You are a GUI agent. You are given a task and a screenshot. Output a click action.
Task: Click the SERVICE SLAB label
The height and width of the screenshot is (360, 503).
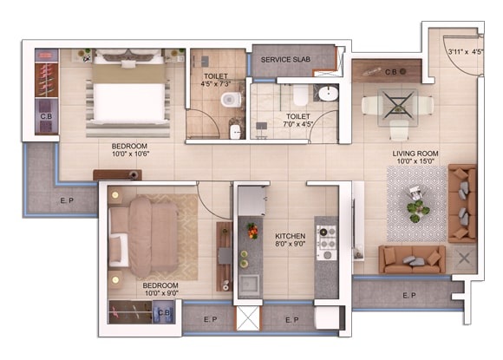[285, 60]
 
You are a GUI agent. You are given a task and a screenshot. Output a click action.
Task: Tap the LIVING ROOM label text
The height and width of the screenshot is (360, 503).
[415, 154]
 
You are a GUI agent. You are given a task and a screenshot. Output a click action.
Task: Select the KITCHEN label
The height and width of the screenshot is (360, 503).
[290, 236]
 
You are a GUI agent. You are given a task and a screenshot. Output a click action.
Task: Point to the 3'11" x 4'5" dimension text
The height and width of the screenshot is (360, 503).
[466, 52]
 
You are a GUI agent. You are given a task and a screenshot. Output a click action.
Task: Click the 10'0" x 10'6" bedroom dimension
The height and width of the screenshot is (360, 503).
[131, 154]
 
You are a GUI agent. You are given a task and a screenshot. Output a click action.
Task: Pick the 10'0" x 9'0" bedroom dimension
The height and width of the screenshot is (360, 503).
[161, 293]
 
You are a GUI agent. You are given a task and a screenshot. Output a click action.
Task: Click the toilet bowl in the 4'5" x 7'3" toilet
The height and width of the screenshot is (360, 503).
[231, 100]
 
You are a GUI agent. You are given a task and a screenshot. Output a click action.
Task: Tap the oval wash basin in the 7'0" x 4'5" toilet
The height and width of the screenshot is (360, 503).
[328, 94]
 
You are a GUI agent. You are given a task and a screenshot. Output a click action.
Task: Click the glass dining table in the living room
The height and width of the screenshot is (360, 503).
[398, 108]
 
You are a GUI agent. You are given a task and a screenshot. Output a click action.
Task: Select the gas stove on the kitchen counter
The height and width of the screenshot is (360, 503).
[327, 243]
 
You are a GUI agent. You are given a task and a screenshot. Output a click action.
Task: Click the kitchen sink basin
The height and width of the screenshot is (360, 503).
[250, 285]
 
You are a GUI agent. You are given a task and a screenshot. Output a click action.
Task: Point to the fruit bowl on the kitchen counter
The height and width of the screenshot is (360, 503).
[252, 231]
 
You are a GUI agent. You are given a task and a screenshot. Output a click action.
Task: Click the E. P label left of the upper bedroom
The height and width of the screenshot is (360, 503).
[67, 201]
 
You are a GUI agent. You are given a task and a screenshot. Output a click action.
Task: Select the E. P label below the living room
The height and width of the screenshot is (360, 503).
[409, 295]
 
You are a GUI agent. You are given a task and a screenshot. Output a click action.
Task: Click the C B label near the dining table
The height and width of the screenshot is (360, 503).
[391, 72]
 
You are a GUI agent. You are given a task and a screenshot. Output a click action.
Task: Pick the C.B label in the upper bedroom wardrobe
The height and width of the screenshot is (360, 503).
[46, 116]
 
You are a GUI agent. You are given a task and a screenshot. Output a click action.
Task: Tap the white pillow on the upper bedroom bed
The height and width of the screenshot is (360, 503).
[128, 64]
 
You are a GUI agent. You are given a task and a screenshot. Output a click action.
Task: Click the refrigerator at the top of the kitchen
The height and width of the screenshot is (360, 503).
[251, 201]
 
